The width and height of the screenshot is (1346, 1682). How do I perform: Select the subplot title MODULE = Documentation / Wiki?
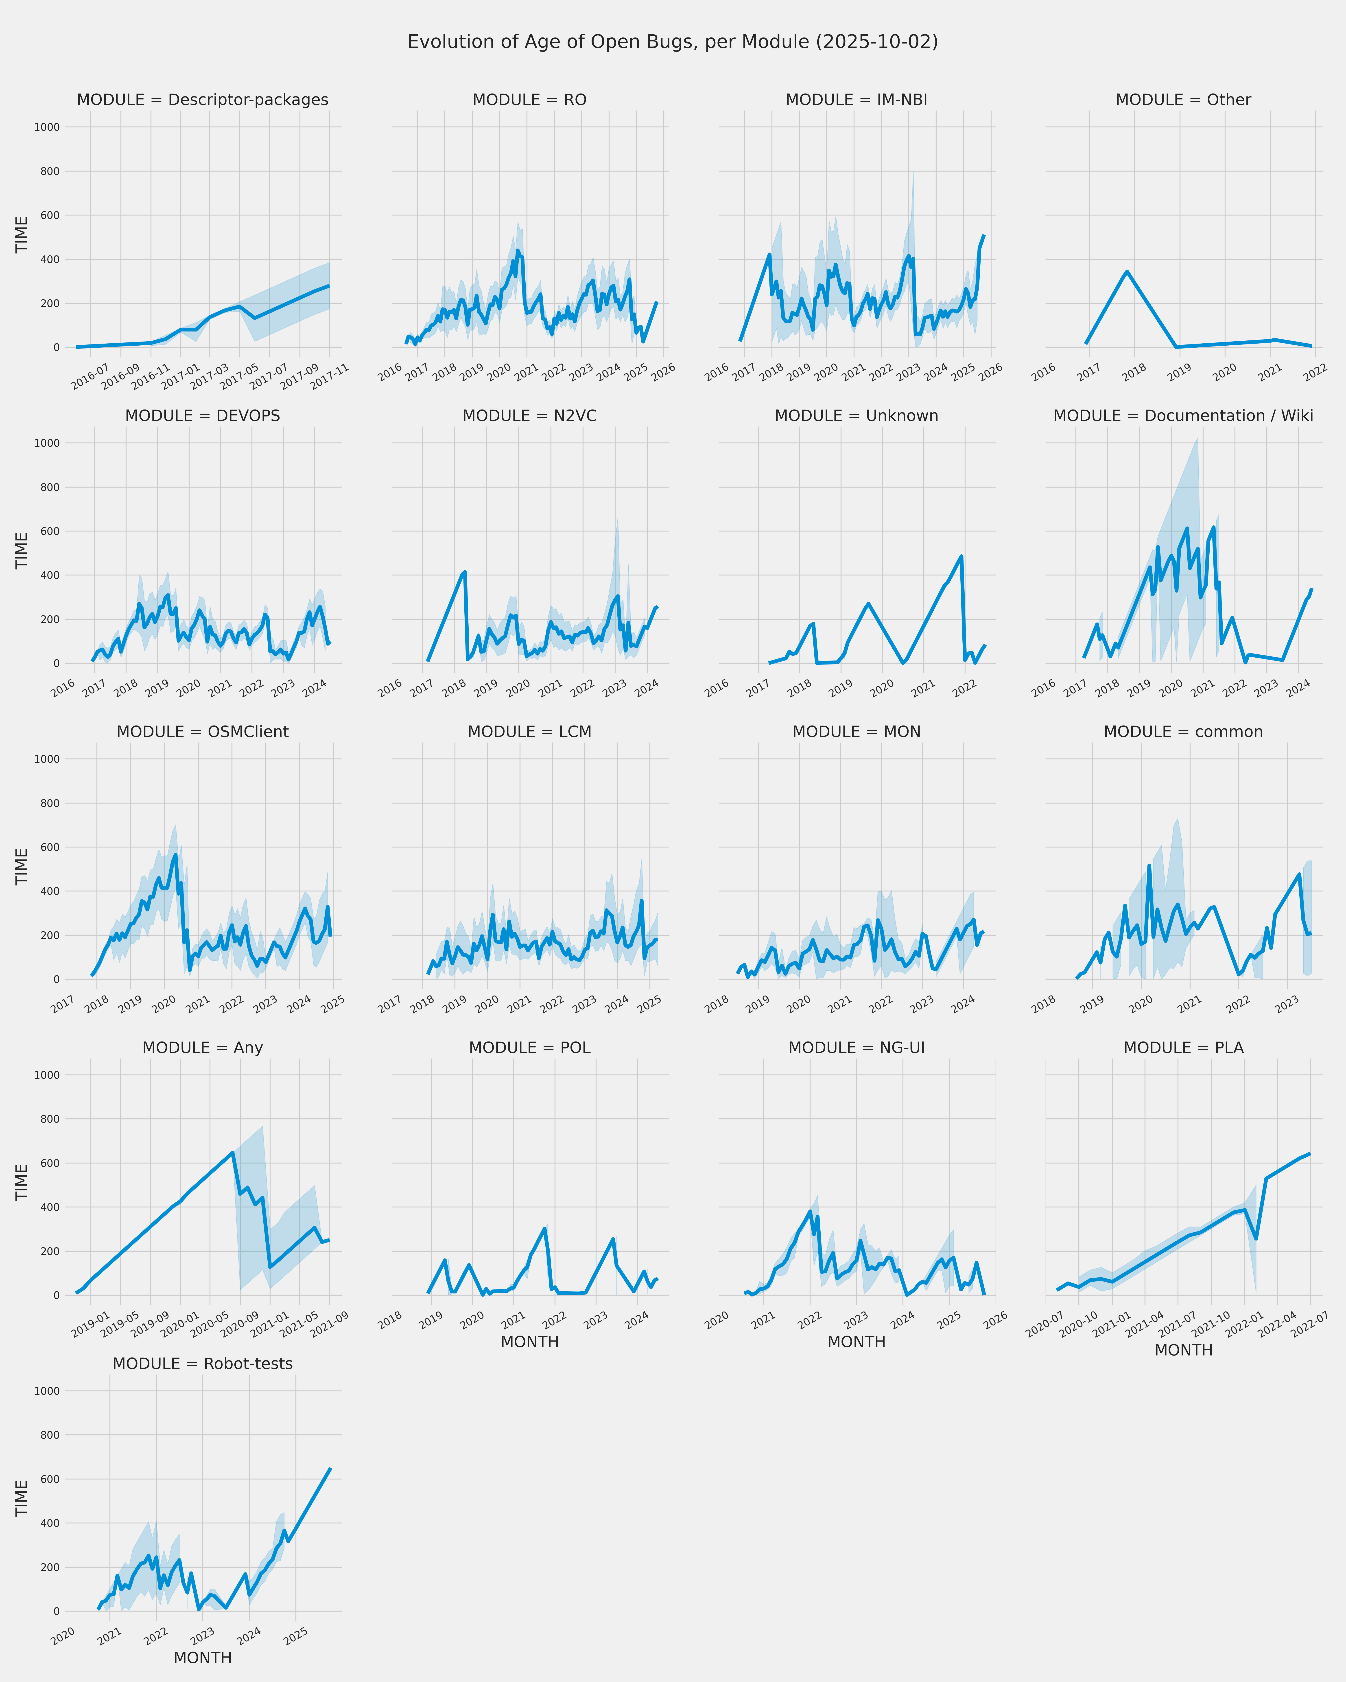pyautogui.click(x=1183, y=416)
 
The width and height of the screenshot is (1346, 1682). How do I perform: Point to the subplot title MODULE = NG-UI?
pyautogui.click(x=856, y=1048)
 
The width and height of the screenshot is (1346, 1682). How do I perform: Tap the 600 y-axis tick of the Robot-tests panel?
pyautogui.click(x=50, y=1479)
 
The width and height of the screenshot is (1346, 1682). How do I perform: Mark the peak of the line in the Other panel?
pyautogui.click(x=1127, y=272)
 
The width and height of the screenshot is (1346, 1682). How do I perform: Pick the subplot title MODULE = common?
pyautogui.click(x=1183, y=732)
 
